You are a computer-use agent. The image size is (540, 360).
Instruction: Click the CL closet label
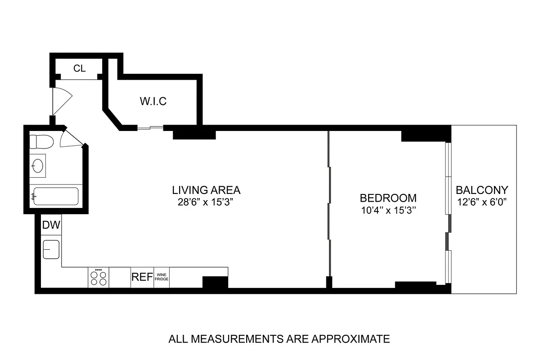click(80, 68)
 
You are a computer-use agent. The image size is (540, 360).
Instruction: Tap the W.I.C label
click(153, 101)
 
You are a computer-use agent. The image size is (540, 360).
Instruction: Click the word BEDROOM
click(388, 198)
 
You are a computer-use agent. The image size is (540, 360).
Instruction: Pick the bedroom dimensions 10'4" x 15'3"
click(388, 211)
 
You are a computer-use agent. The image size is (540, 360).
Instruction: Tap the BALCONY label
click(481, 190)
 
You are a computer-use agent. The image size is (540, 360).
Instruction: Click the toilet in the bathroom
click(41, 142)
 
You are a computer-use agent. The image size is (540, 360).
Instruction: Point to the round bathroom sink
click(38, 165)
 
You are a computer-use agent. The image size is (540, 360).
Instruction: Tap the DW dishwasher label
click(51, 225)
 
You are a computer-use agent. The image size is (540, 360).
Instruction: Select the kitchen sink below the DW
click(51, 249)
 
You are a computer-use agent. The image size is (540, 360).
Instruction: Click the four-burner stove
click(99, 277)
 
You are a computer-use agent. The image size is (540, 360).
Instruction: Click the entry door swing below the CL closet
click(61, 100)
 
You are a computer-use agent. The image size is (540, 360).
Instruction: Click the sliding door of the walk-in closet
click(150, 128)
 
